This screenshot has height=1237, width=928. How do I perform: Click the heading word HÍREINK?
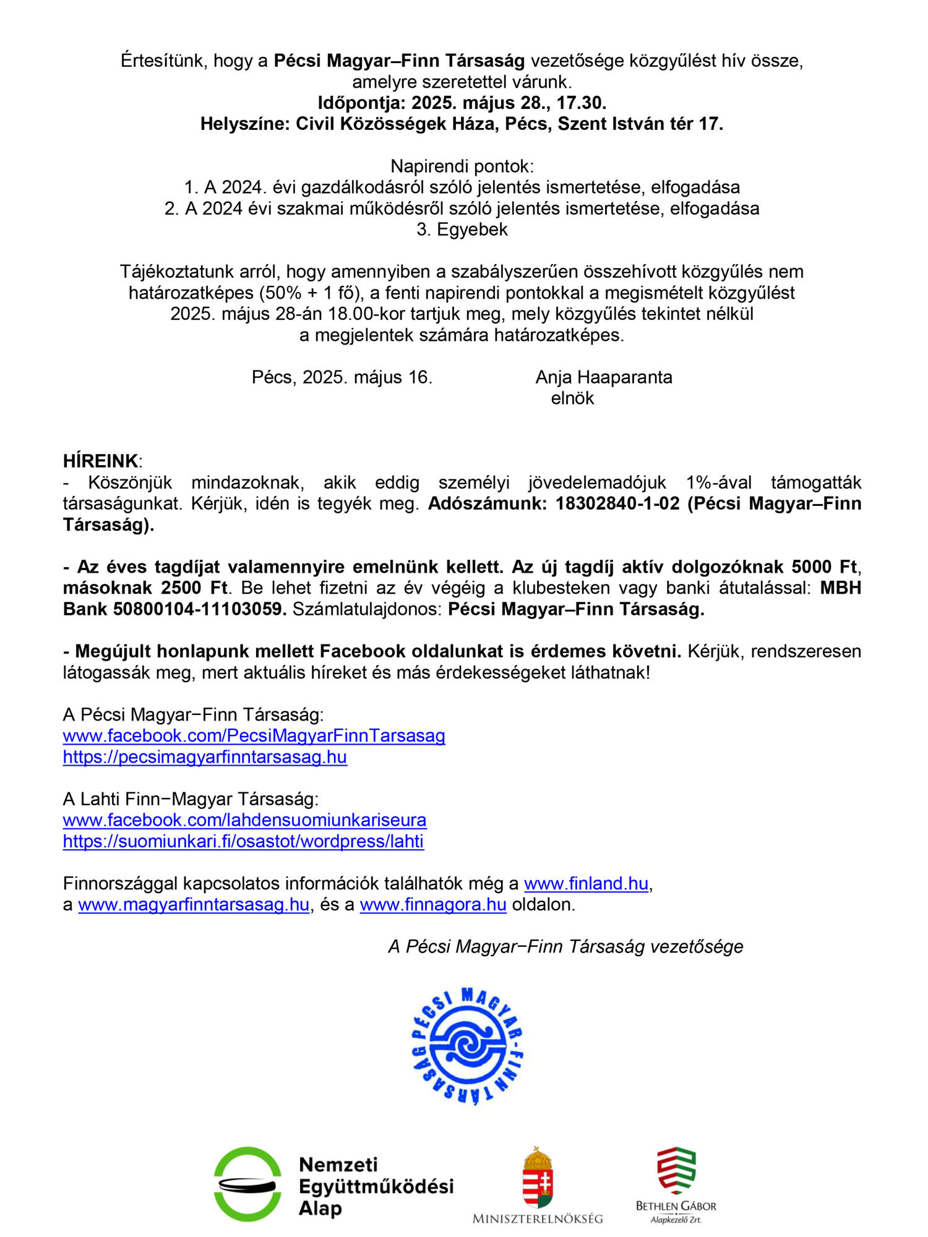(100, 461)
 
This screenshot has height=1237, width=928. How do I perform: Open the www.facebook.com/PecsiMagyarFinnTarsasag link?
(254, 735)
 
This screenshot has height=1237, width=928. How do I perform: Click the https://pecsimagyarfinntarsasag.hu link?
(205, 756)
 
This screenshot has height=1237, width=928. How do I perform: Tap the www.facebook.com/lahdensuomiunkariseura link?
(244, 820)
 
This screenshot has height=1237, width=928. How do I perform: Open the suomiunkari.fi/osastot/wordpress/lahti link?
(243, 841)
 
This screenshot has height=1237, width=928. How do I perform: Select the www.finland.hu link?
(586, 883)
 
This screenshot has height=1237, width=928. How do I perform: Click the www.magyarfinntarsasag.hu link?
(194, 904)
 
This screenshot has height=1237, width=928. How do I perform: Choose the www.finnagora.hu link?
(433, 904)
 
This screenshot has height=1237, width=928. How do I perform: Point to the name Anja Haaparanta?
(603, 377)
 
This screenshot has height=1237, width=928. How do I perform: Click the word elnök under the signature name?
(572, 398)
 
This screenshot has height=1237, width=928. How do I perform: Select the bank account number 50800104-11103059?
(199, 609)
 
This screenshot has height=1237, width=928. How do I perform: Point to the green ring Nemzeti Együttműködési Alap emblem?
(247, 1184)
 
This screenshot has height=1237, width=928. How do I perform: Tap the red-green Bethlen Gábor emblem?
(676, 1171)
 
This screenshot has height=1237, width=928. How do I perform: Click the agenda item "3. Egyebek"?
(462, 229)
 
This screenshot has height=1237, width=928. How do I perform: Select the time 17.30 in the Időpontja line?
(581, 102)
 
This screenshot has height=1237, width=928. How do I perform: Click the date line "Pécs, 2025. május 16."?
(342, 377)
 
